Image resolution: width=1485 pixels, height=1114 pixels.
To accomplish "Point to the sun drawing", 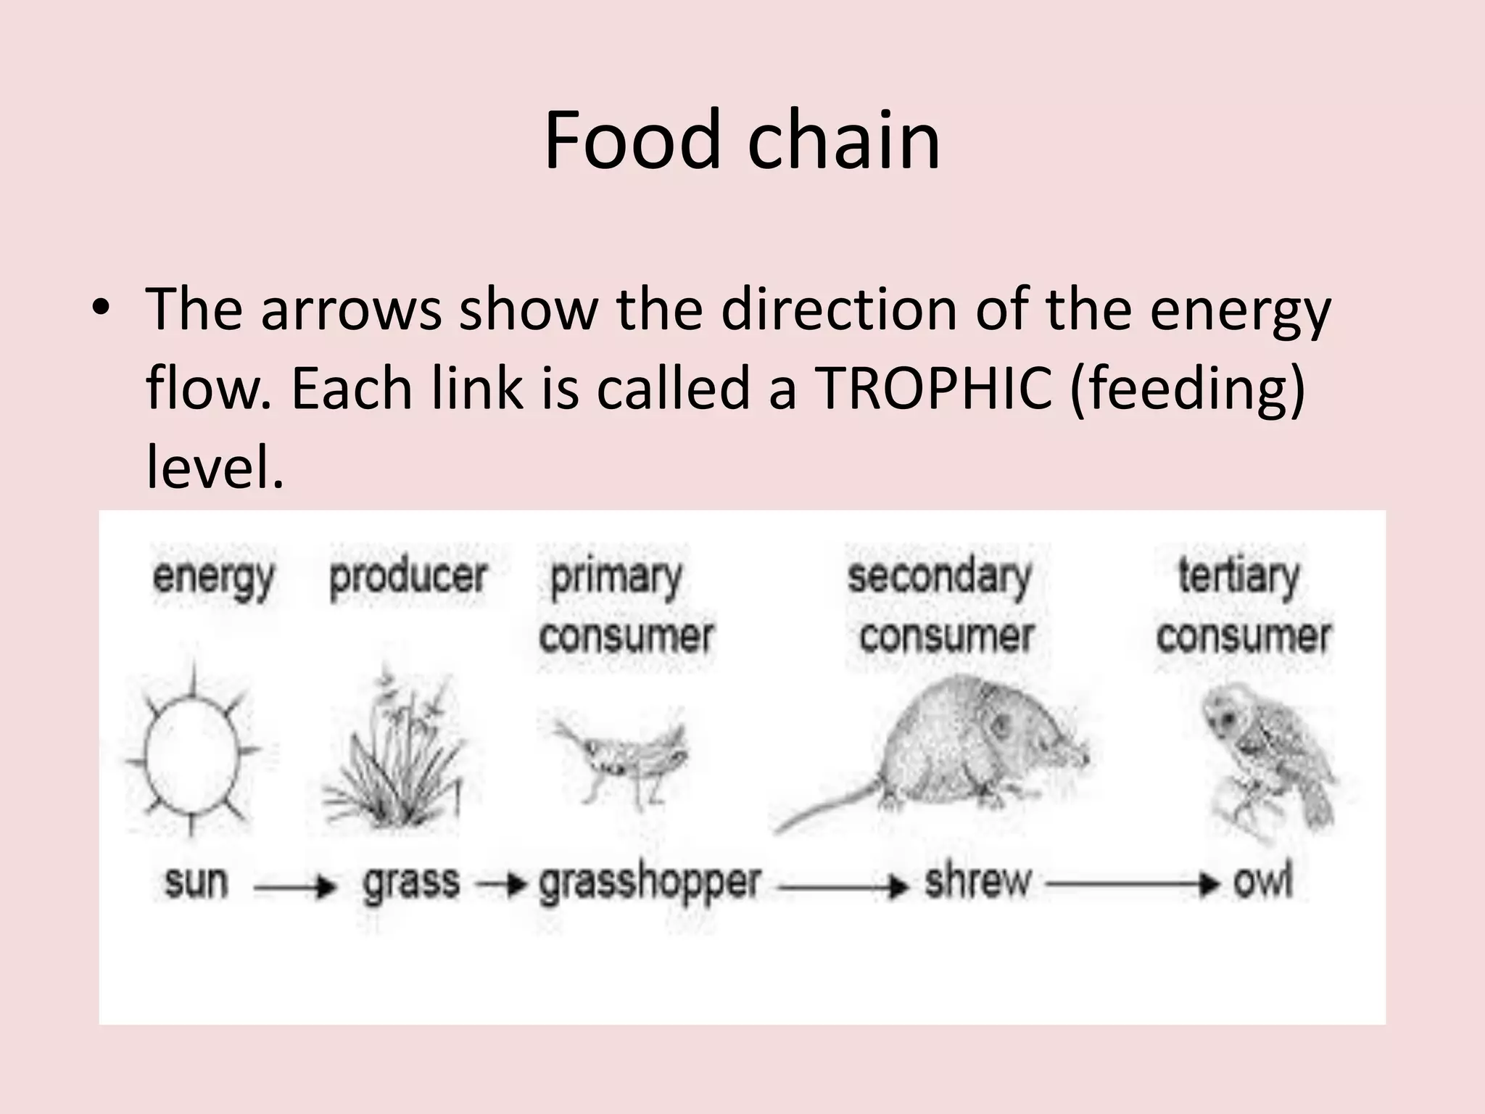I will [191, 754].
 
